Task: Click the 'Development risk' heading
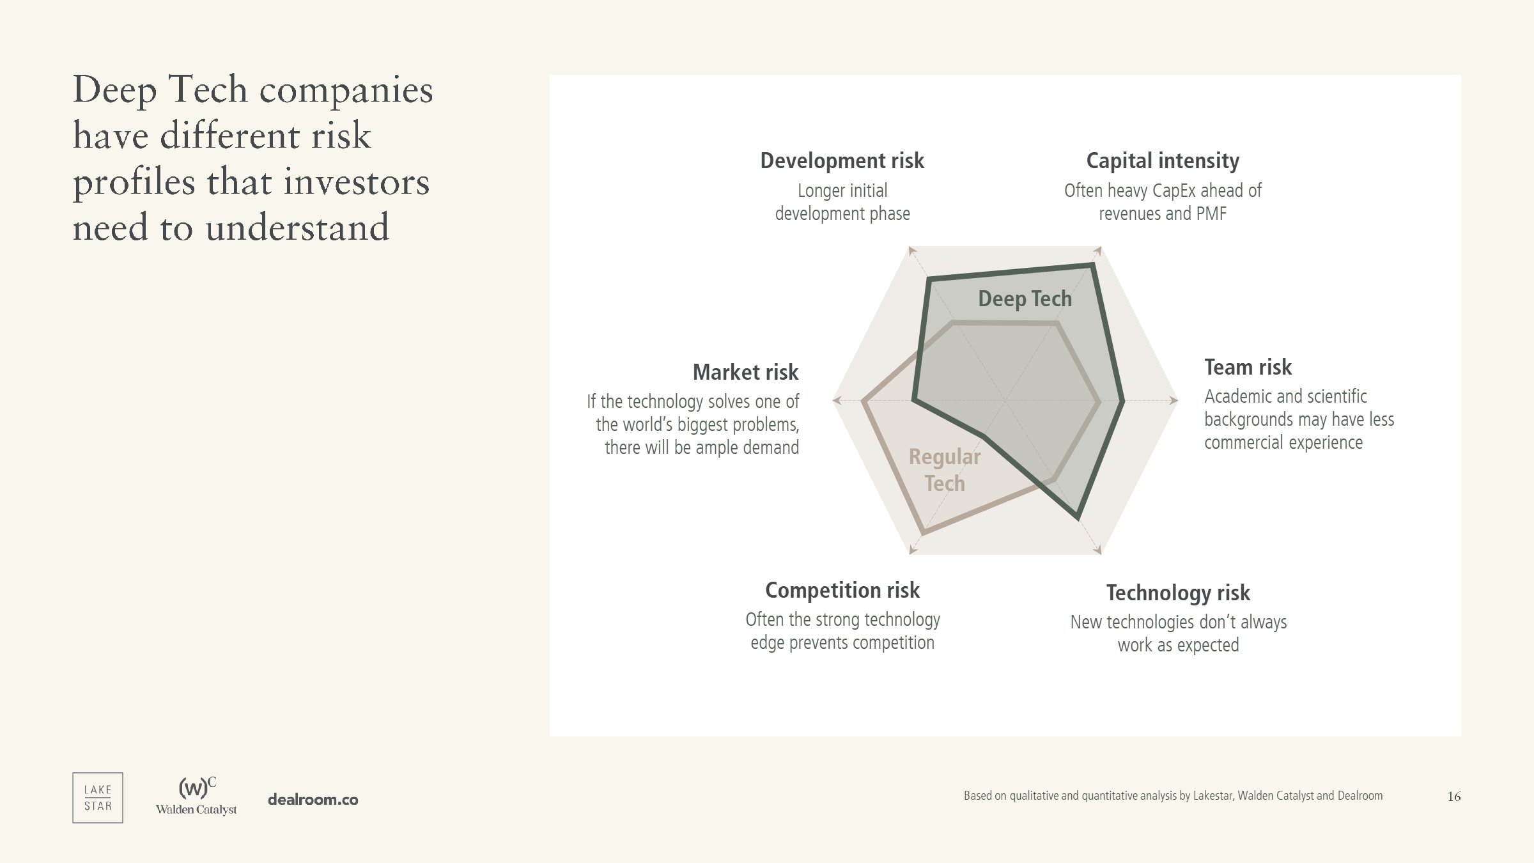tap(842, 161)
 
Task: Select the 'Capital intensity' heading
tap(1163, 161)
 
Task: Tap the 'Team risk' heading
tap(1248, 368)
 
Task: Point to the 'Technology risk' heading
tap(1178, 593)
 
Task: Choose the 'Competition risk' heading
tap(842, 591)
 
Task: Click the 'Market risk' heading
tap(745, 372)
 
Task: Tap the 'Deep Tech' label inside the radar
tap(1025, 299)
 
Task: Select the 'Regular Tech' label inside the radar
tap(945, 470)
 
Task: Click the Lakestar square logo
tap(98, 798)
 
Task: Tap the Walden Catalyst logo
tap(196, 797)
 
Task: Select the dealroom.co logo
tap(313, 800)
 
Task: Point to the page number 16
tap(1454, 797)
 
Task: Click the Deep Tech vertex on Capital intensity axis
tap(1092, 265)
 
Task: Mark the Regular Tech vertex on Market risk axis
tap(863, 401)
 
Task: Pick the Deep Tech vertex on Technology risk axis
tap(1078, 518)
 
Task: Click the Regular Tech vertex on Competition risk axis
tap(922, 532)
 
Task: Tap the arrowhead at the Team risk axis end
tap(1174, 401)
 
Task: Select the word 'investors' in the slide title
tap(357, 182)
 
